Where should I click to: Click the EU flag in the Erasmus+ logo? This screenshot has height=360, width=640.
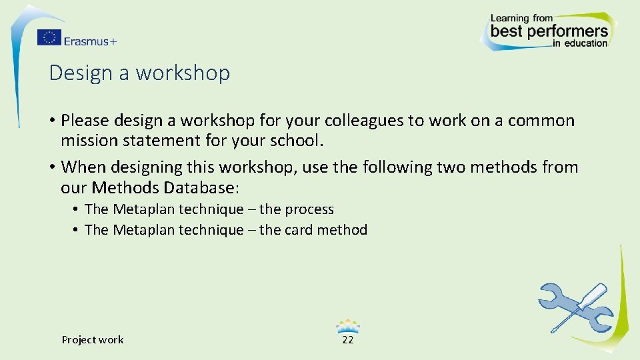(x=49, y=37)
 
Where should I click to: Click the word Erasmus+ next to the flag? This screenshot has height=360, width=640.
(x=90, y=41)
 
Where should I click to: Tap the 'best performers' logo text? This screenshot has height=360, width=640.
(x=549, y=31)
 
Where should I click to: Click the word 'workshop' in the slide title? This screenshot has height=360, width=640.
(x=183, y=73)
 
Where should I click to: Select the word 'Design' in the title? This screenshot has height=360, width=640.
(x=81, y=73)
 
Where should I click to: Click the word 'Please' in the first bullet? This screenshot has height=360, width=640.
(x=85, y=121)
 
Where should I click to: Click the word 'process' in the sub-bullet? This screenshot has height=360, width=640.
(x=309, y=209)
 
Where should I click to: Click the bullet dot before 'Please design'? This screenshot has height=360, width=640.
(x=52, y=121)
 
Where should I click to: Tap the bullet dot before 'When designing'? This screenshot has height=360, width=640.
(x=52, y=167)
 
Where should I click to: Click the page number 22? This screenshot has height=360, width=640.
(x=347, y=340)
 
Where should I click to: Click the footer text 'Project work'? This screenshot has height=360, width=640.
(x=93, y=340)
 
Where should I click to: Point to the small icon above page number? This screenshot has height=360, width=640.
(x=348, y=326)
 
